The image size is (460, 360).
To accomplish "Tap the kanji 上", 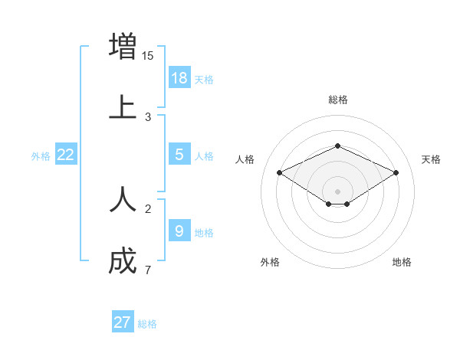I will [123, 106].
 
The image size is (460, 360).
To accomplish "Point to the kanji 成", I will [123, 262].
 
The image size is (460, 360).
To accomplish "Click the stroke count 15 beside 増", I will [148, 55].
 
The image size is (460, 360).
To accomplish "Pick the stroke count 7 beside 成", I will [147, 270].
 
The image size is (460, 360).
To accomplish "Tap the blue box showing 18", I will [179, 77].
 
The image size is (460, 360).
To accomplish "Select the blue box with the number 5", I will [179, 154].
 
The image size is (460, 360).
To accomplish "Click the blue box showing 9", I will [179, 230].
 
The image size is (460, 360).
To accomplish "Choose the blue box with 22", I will [66, 155].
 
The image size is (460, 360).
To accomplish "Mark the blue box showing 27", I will [123, 322].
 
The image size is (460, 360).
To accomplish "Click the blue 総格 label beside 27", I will [147, 324].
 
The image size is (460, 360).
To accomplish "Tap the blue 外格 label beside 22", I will [41, 156].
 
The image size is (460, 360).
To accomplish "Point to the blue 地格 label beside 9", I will [204, 232].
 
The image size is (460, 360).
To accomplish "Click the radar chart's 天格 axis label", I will [431, 159].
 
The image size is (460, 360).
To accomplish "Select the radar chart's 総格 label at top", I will [337, 100].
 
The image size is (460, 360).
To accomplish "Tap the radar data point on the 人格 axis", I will [279, 172].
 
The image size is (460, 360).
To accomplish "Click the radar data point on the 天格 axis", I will [396, 172].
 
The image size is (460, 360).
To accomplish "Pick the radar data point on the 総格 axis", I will [337, 145].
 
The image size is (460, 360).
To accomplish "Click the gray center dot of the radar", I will [337, 191].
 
